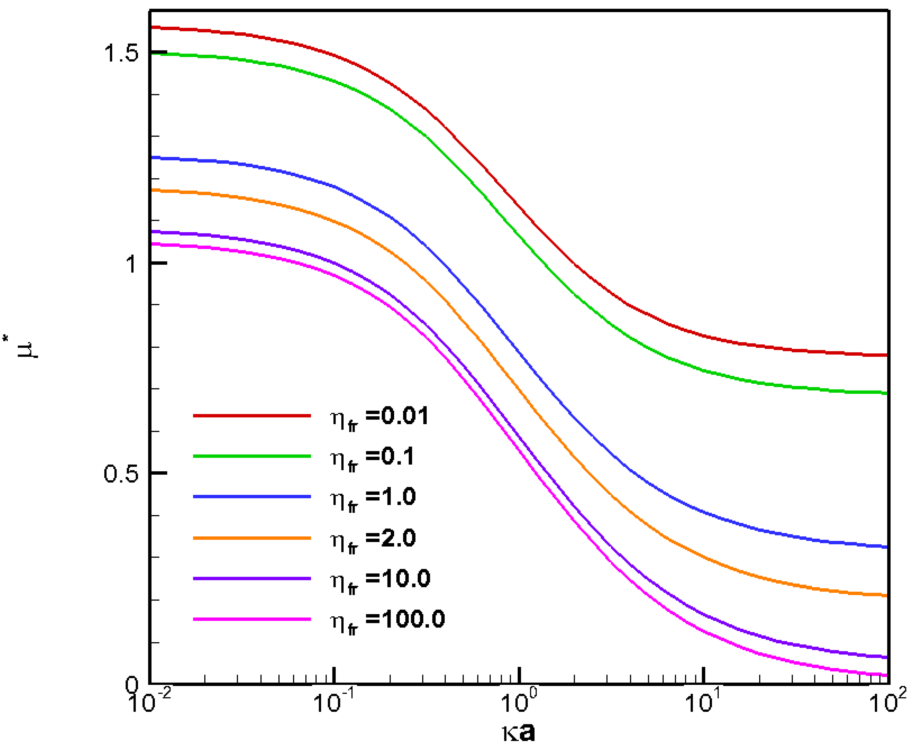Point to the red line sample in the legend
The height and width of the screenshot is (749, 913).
click(252, 416)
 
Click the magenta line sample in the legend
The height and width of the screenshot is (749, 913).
click(252, 619)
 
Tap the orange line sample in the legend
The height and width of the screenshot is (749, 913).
click(252, 538)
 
